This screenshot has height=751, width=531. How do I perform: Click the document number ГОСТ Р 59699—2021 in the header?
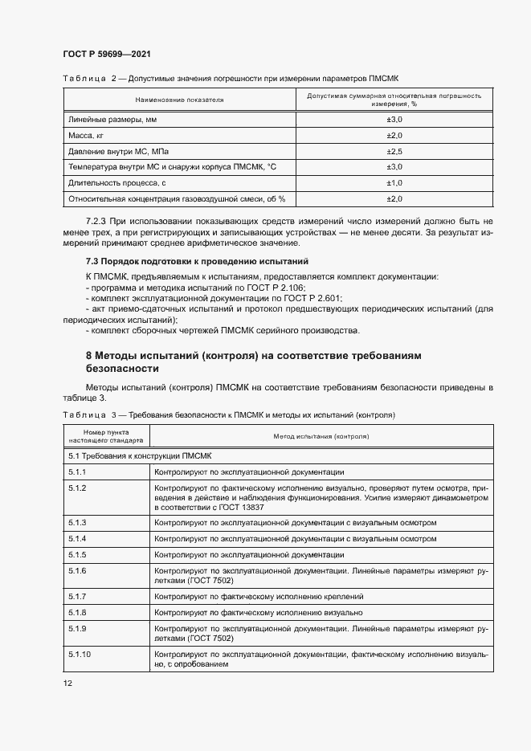tap(106, 54)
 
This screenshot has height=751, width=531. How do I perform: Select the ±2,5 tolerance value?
tap(394, 151)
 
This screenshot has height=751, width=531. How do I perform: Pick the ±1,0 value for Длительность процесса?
tap(394, 183)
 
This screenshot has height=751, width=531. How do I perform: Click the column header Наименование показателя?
tap(179, 100)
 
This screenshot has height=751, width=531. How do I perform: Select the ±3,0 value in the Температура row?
tap(394, 167)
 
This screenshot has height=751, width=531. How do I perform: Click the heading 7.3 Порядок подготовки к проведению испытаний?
tap(197, 262)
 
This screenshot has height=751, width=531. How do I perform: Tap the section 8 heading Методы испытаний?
tap(253, 361)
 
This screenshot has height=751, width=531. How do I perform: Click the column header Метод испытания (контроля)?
tap(321, 438)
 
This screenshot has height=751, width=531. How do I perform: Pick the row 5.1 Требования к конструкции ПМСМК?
tap(131, 456)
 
